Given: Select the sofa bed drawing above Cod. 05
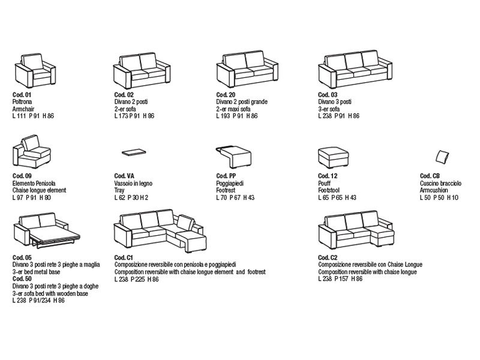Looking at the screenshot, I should click(47, 232).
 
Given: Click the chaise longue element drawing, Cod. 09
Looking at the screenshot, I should click(32, 153).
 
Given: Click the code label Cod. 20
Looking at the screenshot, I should click(226, 95).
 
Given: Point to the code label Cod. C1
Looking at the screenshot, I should click(124, 258).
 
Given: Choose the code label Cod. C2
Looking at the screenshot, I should click(328, 258).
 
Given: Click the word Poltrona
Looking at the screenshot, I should click(23, 102).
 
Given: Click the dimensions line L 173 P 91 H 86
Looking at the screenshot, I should click(134, 116).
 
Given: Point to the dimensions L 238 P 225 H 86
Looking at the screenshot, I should click(137, 279).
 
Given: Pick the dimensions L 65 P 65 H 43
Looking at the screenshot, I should click(337, 197).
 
